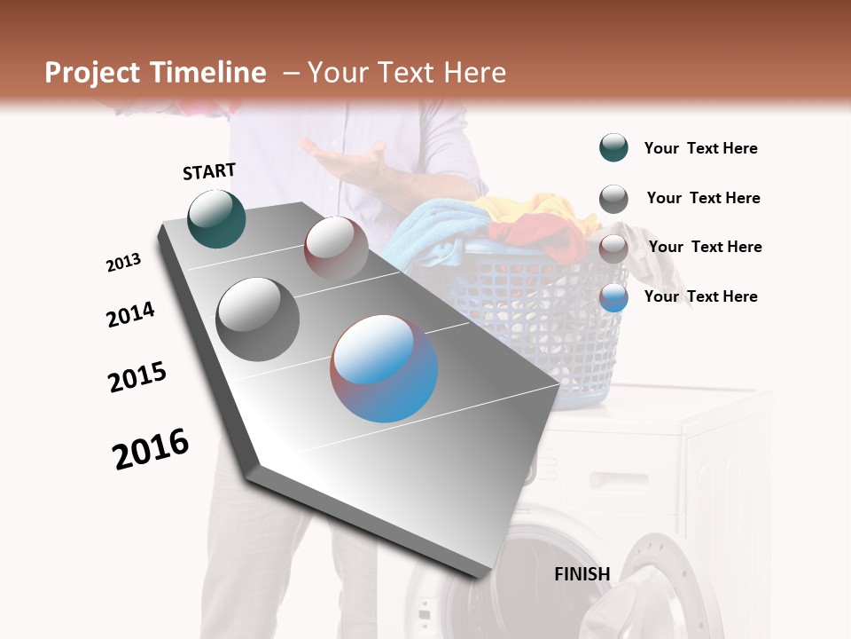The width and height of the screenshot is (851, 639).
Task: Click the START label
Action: pyautogui.click(x=209, y=171)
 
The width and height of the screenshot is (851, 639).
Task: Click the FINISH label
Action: pyautogui.click(x=582, y=574)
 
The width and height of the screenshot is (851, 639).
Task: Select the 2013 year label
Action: pyautogui.click(x=123, y=263)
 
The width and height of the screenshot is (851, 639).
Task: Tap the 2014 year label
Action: pyautogui.click(x=130, y=315)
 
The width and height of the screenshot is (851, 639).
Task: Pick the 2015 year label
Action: pyautogui.click(x=137, y=376)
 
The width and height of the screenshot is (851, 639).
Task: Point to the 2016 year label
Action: pyautogui.click(x=151, y=448)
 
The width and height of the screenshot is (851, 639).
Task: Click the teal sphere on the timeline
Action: pyautogui.click(x=216, y=218)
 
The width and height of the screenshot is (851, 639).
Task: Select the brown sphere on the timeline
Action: pyautogui.click(x=336, y=248)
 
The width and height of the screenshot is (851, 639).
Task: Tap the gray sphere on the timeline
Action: pyautogui.click(x=258, y=319)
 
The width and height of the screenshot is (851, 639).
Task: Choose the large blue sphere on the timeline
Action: pyautogui.click(x=384, y=368)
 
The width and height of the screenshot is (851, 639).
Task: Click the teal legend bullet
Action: pyautogui.click(x=613, y=148)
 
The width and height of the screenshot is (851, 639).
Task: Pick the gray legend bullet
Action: pyautogui.click(x=613, y=199)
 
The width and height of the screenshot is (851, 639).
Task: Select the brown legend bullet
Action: pyautogui.click(x=613, y=248)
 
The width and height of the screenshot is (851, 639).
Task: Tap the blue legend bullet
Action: pyautogui.click(x=613, y=297)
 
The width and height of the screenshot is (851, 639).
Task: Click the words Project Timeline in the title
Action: pyautogui.click(x=155, y=73)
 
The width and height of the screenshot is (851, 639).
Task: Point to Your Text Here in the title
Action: pyautogui.click(x=406, y=73)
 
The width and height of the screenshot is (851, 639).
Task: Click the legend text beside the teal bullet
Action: pyautogui.click(x=700, y=149)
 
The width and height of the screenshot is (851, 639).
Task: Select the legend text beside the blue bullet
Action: pyautogui.click(x=700, y=296)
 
